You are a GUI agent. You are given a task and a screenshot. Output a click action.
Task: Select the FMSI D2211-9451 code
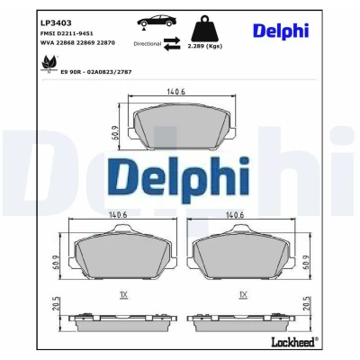click(67, 33)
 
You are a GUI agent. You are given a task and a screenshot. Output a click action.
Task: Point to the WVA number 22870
click(105, 43)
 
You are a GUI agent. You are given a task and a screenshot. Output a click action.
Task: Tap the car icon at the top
click(157, 22)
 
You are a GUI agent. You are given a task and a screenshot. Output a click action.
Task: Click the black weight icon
click(204, 29)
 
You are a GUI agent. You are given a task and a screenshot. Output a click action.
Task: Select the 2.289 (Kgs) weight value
click(204, 46)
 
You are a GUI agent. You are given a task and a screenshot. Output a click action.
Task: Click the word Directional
click(148, 44)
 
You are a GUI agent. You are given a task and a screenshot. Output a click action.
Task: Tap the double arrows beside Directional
click(172, 44)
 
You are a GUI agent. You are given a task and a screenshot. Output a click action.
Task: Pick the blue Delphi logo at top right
click(281, 31)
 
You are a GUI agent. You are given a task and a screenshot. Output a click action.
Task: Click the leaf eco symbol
click(49, 63)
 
